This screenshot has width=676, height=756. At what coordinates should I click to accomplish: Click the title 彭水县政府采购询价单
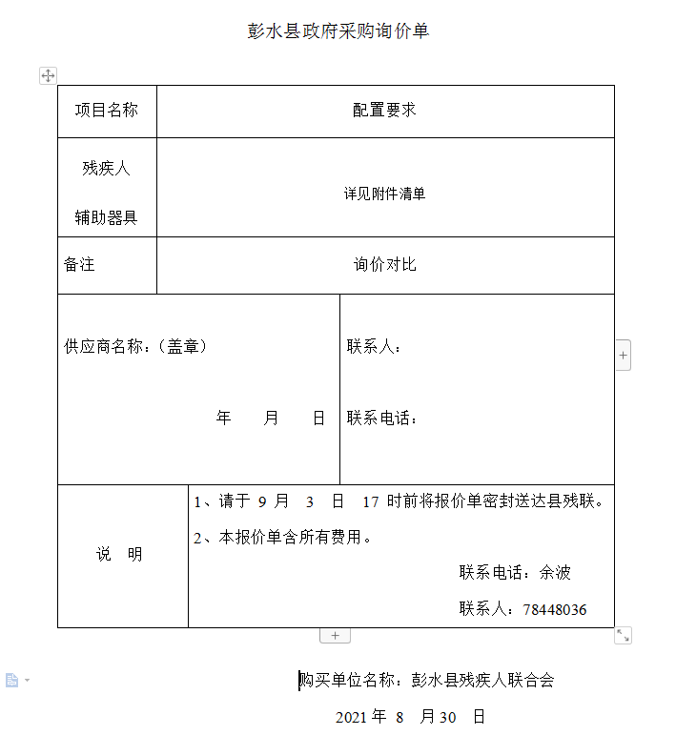click(338, 31)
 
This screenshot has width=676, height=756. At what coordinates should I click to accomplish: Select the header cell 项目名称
click(107, 111)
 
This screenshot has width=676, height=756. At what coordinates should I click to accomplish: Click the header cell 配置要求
click(385, 111)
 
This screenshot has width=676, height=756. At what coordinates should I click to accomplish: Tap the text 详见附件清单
click(385, 194)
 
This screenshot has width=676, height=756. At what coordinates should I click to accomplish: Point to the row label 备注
click(79, 265)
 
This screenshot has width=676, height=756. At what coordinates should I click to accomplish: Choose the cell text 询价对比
click(385, 265)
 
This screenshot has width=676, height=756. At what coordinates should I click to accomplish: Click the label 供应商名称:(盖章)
click(135, 346)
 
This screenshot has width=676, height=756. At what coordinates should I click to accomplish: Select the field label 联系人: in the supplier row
click(374, 346)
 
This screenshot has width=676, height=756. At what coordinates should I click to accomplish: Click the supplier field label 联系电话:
click(382, 418)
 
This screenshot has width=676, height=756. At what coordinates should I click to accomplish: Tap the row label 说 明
click(119, 554)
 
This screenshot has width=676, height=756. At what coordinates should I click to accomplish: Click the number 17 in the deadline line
click(371, 501)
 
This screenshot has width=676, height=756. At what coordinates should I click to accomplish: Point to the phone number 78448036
click(555, 609)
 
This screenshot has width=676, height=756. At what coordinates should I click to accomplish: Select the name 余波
click(555, 572)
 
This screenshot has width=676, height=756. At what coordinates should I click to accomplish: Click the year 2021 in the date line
click(351, 717)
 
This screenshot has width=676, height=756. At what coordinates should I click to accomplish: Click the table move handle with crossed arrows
click(48, 75)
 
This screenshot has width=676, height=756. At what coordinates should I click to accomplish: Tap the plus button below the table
click(335, 636)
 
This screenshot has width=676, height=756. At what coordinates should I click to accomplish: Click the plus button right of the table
click(624, 355)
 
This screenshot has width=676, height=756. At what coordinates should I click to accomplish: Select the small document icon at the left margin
click(12, 680)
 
